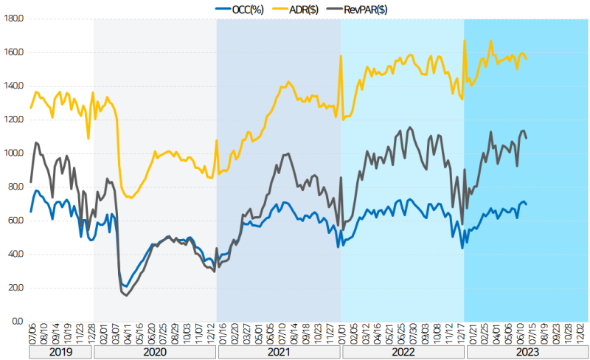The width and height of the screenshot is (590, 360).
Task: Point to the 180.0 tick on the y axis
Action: point(14,19)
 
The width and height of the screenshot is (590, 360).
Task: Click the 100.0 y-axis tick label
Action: point(14,153)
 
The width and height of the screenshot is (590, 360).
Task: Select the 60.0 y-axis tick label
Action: point(15,221)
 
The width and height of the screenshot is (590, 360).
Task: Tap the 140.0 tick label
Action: point(14,86)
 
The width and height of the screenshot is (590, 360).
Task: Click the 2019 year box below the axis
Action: point(60,353)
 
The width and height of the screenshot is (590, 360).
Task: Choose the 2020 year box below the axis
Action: point(155,353)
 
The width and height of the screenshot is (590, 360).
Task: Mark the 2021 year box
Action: point(278,353)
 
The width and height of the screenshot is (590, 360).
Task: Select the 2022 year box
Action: point(402,353)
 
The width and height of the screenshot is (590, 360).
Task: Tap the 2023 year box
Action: point(526,353)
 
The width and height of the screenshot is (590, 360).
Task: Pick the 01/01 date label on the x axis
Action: point(341,334)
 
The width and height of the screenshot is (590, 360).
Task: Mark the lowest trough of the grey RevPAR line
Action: point(126,295)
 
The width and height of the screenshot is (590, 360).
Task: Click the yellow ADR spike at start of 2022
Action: point(341,56)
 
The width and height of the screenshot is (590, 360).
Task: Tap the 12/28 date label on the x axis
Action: point(91,334)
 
